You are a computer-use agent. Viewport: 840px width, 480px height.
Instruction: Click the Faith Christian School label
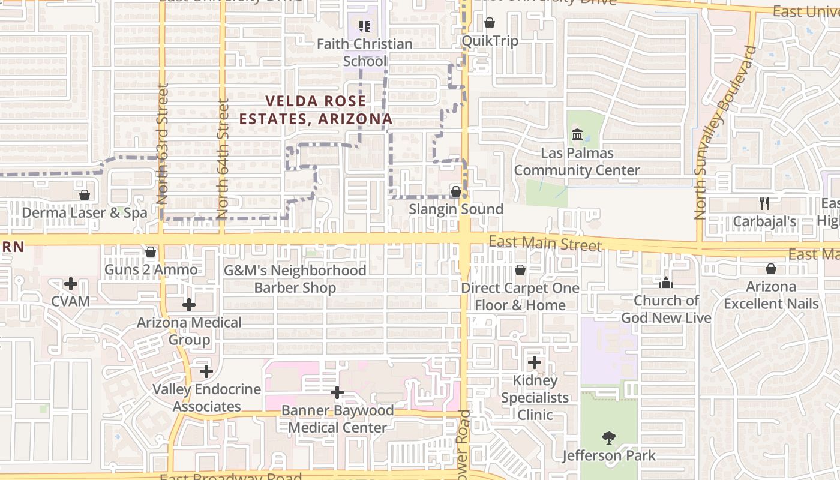pos(364,52)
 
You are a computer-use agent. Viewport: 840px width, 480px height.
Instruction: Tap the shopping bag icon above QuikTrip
pos(490,23)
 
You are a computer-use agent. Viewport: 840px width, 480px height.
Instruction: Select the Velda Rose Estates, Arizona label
pos(316,110)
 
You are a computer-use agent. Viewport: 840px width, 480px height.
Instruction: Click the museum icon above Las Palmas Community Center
pos(577,134)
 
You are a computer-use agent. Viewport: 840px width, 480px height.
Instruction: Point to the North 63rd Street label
pos(162,144)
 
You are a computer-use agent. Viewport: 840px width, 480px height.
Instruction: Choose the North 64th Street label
pos(223,159)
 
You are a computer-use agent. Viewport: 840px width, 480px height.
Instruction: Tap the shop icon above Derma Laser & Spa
pos(85,195)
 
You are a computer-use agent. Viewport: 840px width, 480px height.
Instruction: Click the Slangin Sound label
pos(456,209)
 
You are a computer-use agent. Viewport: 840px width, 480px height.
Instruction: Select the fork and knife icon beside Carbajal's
pos(764,203)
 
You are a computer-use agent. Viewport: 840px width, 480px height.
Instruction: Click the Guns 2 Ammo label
pos(151,270)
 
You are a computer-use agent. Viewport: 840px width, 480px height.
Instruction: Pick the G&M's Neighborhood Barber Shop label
pos(295,279)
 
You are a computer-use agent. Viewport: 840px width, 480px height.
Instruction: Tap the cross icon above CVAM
pos(71,283)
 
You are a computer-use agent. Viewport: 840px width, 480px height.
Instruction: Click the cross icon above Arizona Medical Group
pos(189,305)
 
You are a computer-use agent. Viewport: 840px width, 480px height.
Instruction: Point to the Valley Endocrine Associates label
pos(206,398)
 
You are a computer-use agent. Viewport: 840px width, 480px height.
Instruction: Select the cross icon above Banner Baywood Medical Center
pos(337,393)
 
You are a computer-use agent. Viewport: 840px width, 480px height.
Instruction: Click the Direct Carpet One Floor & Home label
pos(520,296)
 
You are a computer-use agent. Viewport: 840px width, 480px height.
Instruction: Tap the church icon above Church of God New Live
pos(666,283)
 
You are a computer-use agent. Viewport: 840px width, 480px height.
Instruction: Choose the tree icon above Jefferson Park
pos(609,438)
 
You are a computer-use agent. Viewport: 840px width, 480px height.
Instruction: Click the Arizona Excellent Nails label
pos(771,295)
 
